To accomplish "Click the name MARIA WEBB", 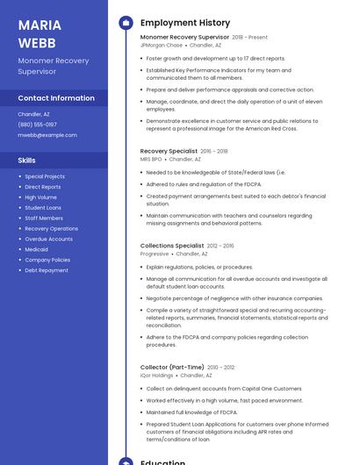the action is [37, 33].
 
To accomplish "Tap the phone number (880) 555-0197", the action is [37, 125].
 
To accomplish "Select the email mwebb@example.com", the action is [47, 135].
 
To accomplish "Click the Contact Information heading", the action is [56, 98].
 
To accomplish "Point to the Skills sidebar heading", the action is [27, 161].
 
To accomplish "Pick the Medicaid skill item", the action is [36, 249].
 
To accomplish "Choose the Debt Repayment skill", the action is [46, 270].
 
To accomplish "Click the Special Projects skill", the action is [45, 176].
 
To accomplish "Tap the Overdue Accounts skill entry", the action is [48, 239].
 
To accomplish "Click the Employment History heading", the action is [185, 23].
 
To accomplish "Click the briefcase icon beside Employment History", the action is [126, 23].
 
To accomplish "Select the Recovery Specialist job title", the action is [169, 151].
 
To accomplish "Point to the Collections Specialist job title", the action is [172, 246].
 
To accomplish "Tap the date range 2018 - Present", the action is [250, 38].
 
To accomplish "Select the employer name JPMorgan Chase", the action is [162, 46].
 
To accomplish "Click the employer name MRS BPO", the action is [151, 160].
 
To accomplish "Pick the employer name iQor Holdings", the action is [157, 376].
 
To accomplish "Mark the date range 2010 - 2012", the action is [221, 368].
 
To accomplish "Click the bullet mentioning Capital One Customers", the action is [223, 389].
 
